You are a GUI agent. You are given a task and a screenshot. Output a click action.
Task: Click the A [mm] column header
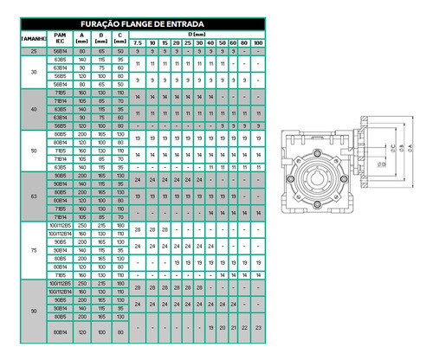pos(82,38)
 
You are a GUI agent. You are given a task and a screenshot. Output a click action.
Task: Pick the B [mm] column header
pos(100,38)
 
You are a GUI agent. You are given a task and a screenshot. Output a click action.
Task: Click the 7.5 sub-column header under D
pos(139,43)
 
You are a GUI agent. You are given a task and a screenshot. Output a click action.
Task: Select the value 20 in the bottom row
pos(223,327)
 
